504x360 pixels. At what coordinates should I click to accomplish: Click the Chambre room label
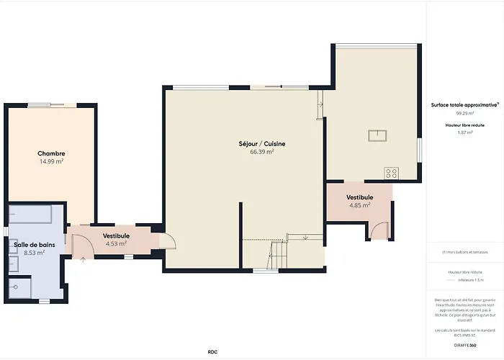click(51, 153)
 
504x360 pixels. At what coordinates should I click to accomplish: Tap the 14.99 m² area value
click(51, 162)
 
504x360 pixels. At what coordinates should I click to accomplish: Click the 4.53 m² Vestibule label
click(116, 235)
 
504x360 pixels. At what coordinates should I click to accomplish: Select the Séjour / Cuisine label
click(262, 144)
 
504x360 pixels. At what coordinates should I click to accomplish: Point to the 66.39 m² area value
click(262, 152)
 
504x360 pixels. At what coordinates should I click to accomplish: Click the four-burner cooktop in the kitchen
click(392, 173)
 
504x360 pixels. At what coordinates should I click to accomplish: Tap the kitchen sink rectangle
click(377, 135)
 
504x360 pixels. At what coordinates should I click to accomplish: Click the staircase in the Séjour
click(277, 252)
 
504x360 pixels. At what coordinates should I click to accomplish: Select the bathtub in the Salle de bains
click(29, 215)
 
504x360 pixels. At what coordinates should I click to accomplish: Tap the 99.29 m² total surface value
click(464, 113)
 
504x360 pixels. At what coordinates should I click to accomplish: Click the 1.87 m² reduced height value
click(464, 132)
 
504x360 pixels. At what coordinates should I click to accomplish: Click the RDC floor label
click(212, 351)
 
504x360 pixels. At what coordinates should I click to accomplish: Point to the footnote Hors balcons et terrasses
click(464, 252)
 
